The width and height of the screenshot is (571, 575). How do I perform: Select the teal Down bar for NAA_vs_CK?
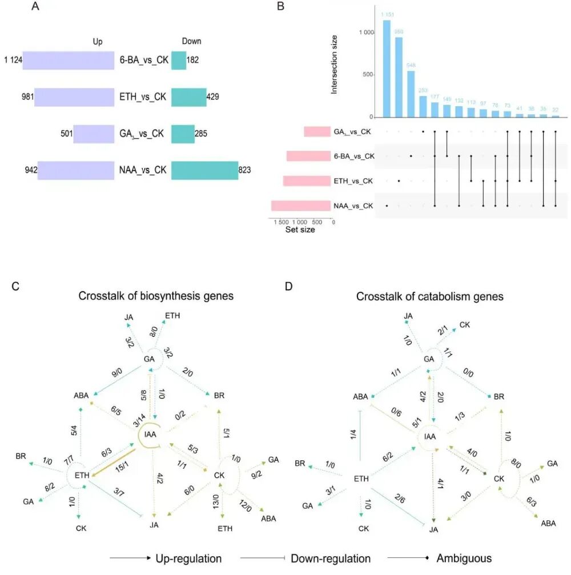[x=204, y=170]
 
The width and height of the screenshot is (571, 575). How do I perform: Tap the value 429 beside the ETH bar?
[x=215, y=97]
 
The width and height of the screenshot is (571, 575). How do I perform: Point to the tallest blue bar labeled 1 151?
[x=387, y=69]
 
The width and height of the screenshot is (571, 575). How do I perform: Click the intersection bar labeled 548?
[x=411, y=94]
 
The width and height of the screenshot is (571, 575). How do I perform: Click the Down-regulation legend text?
[x=331, y=558]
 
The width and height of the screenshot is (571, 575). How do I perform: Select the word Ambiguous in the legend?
[x=464, y=558]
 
